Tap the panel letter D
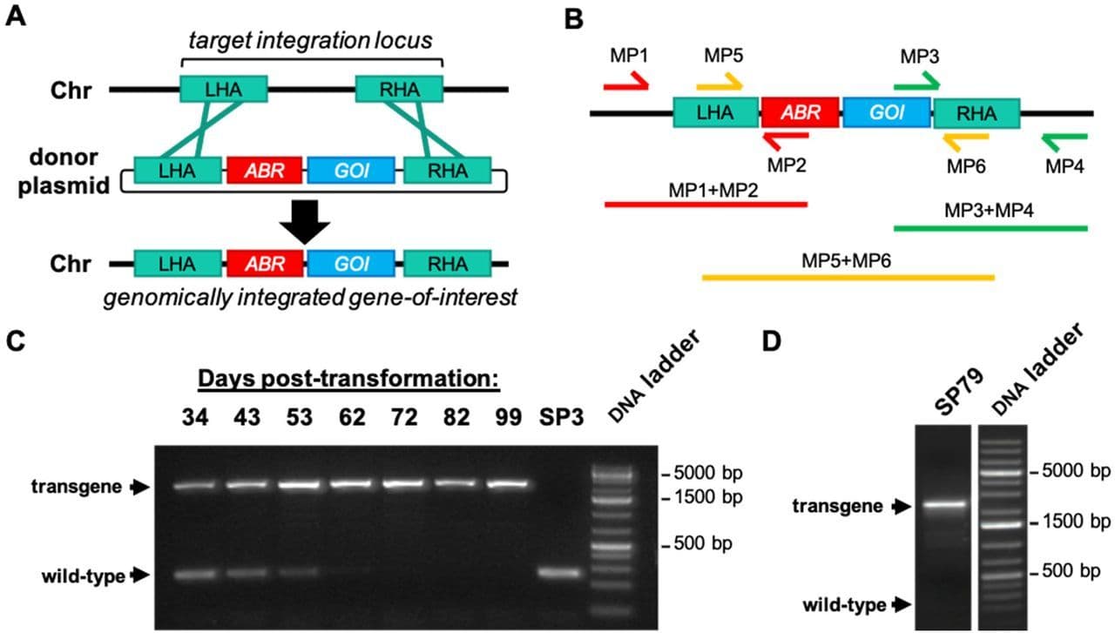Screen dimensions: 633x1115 click(772, 339)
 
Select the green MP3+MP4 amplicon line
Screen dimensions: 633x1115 click(990, 228)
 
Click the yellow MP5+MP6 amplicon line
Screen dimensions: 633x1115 click(847, 278)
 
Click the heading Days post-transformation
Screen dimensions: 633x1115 click(348, 380)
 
